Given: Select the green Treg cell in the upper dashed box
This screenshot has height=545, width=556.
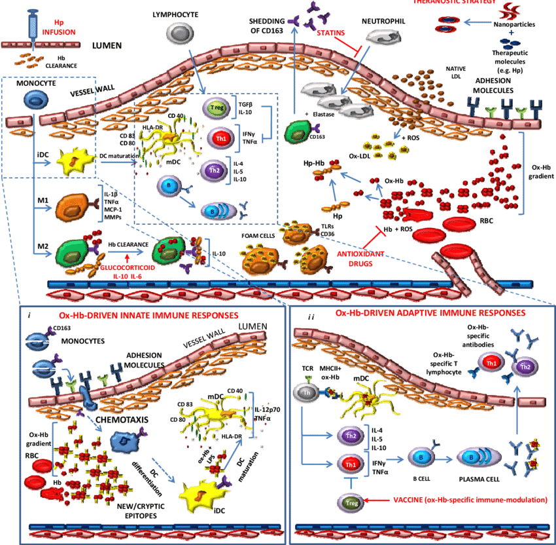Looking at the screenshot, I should point(215,108).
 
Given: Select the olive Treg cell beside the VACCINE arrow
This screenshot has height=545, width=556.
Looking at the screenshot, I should point(349,502).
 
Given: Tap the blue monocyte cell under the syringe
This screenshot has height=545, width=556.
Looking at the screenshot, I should point(33,99).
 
